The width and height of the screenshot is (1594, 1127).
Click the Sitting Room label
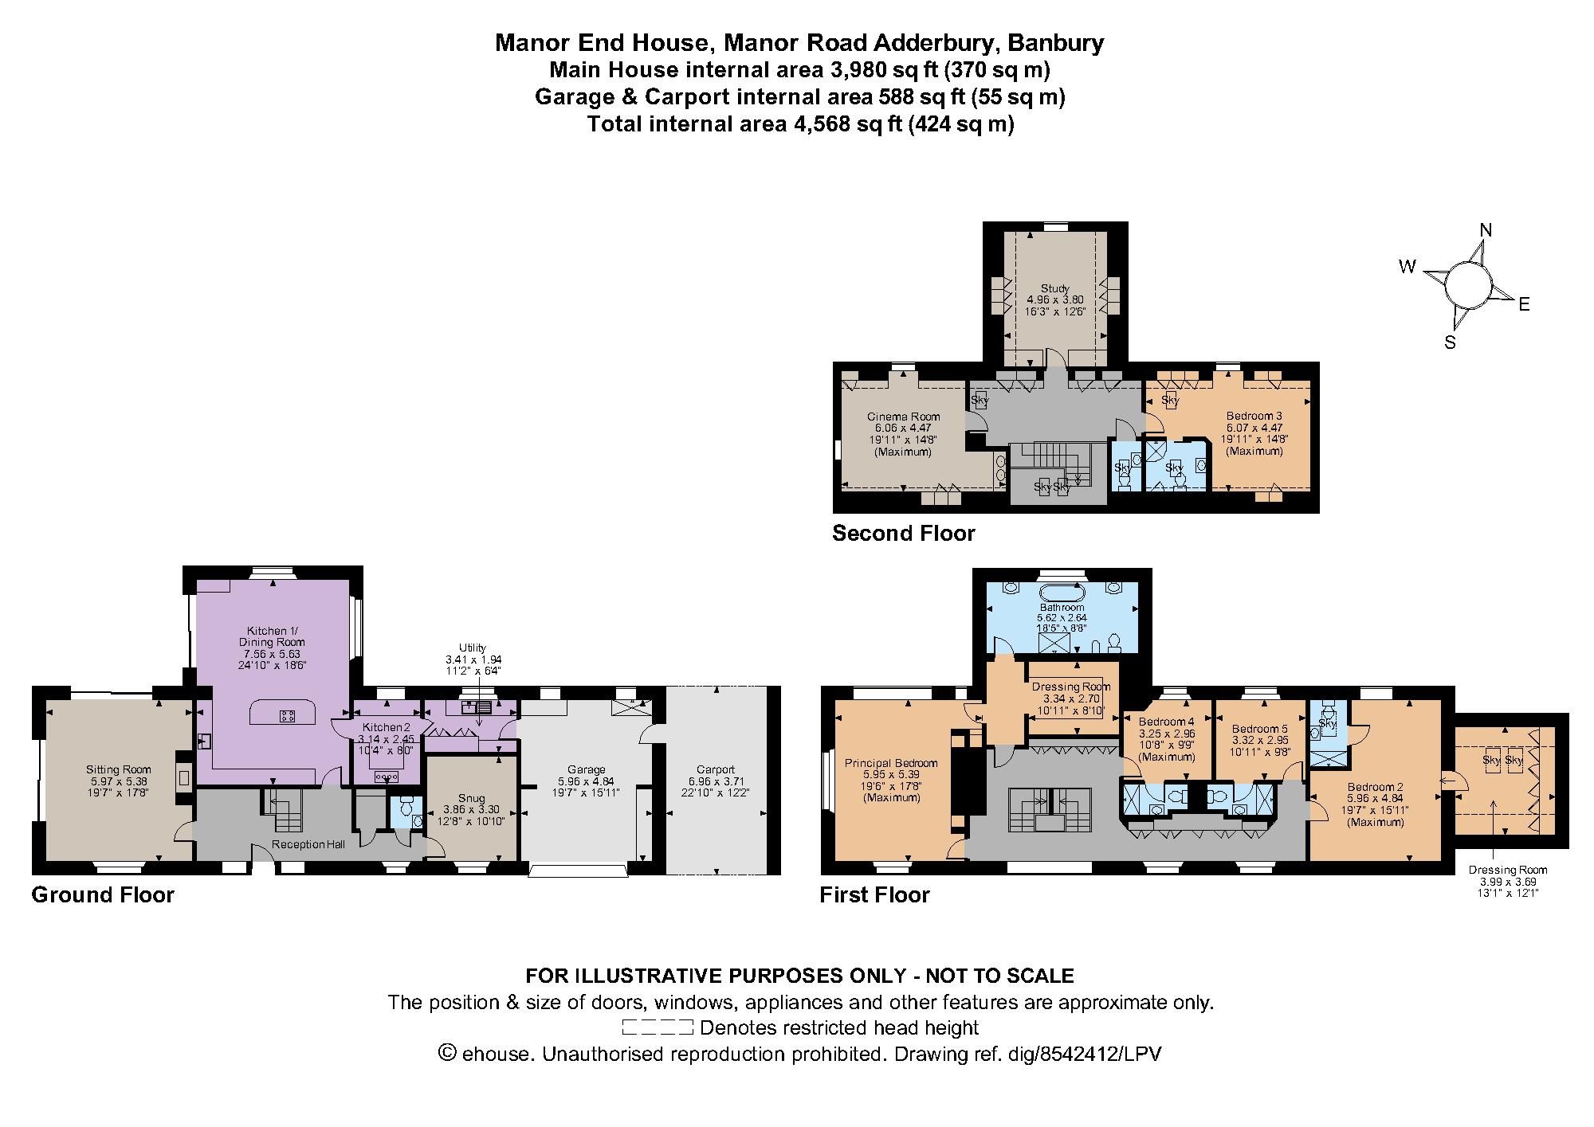(118, 769)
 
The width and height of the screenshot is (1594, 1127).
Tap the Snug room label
(470, 798)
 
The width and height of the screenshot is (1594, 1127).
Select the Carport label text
(715, 769)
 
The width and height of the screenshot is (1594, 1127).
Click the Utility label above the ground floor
(472, 648)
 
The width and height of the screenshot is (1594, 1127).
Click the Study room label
(1054, 288)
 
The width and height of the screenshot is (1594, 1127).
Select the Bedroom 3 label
(1254, 416)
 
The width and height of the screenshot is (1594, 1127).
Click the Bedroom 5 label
(1259, 729)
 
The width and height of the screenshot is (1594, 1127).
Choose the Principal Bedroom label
(891, 763)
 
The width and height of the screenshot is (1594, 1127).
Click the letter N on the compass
(1485, 230)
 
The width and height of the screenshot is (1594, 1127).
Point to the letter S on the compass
(1450, 343)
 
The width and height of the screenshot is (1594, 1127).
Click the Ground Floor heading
(103, 895)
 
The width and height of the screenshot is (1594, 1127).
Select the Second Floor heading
(903, 533)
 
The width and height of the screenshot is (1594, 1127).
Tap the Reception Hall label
(308, 844)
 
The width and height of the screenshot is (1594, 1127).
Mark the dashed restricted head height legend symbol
(657, 1028)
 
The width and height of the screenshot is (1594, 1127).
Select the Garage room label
(586, 770)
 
